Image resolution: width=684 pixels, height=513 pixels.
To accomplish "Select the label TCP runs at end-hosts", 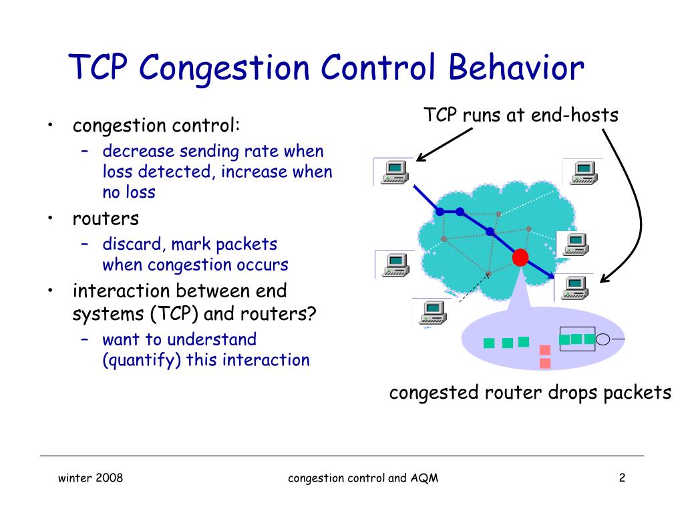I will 521,116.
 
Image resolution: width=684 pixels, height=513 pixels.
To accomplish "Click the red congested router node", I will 520,257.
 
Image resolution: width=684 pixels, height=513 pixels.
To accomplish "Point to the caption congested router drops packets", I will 530,392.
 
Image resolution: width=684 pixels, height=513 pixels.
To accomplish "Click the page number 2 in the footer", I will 622,478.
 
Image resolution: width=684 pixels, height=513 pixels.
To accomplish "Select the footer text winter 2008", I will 90,478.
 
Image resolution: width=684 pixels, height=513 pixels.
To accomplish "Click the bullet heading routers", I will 106,218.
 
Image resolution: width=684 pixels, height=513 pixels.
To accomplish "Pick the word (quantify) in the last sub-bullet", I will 140,360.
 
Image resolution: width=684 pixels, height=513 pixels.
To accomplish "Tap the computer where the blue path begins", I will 393,172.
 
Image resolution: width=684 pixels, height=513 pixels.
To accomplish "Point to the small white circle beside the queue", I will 603,339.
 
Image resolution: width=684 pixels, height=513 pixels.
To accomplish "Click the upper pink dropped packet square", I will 544,349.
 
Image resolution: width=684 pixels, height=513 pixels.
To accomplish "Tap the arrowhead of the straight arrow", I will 419,158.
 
